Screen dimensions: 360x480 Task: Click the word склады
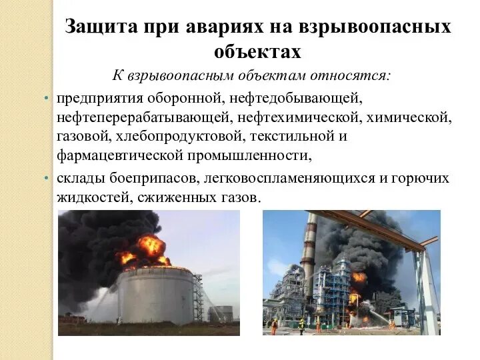(78, 179)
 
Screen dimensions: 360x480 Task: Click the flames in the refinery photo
(359, 280)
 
